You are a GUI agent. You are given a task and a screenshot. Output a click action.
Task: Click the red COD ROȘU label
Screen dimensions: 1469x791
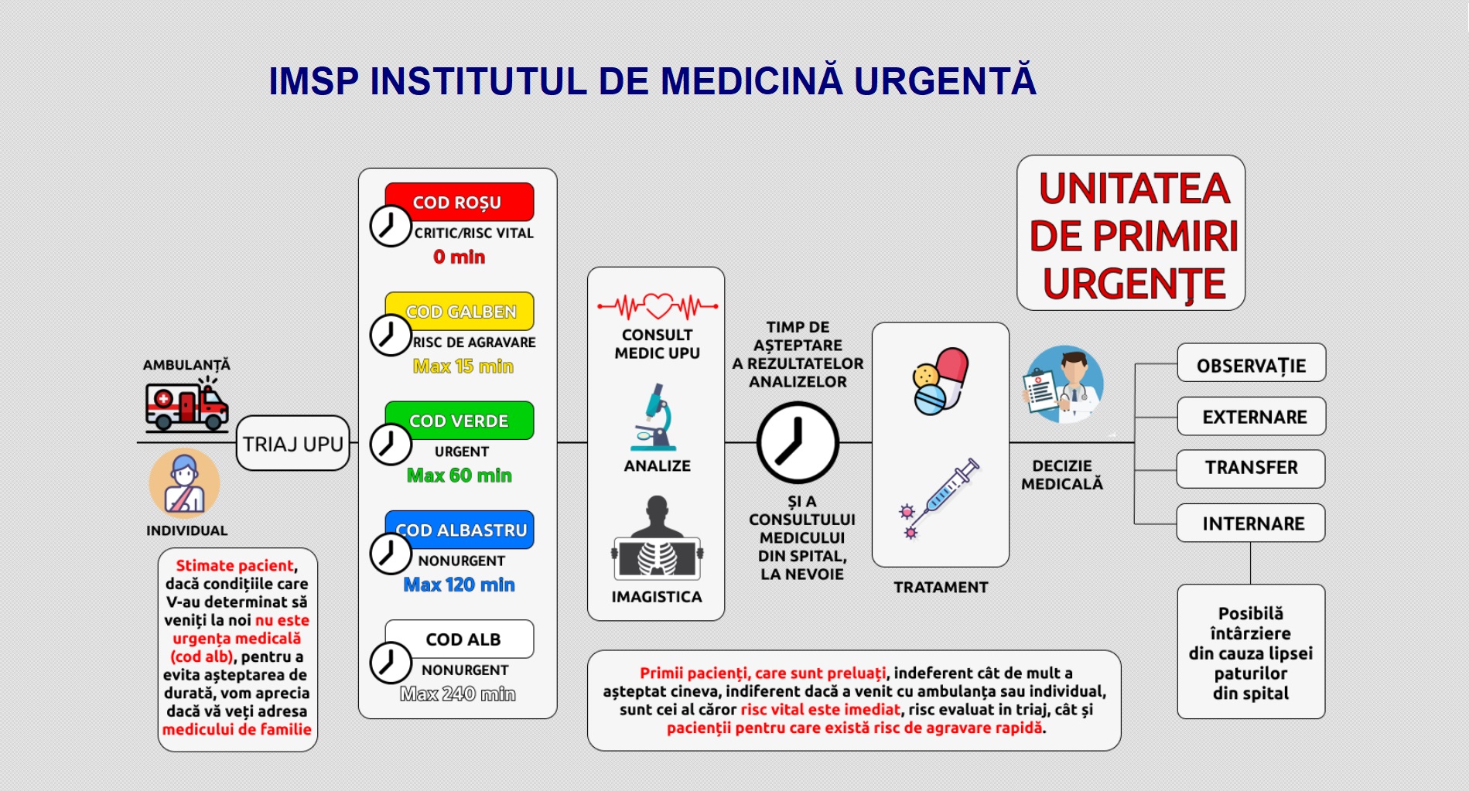pyautogui.click(x=459, y=202)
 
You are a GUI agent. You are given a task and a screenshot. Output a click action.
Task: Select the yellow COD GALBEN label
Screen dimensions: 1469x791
pyautogui.click(x=459, y=311)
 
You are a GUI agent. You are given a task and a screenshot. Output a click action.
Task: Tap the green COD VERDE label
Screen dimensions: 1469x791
pyautogui.click(x=459, y=420)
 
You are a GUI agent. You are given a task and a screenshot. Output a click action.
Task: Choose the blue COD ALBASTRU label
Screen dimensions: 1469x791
pyautogui.click(x=459, y=530)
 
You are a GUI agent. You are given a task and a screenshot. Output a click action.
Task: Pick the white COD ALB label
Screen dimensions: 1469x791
pyautogui.click(x=459, y=639)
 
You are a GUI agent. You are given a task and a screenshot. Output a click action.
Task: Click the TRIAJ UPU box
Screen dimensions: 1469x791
pyautogui.click(x=293, y=443)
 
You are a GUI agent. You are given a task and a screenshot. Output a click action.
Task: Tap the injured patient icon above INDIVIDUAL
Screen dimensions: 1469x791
pyautogui.click(x=184, y=483)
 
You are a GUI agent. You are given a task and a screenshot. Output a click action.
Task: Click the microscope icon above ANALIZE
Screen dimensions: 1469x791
pyautogui.click(x=654, y=417)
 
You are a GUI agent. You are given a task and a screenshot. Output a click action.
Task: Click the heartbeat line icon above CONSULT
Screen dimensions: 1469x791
pyautogui.click(x=658, y=306)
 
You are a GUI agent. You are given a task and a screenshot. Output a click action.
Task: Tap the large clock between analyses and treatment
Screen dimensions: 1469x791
pyautogui.click(x=798, y=443)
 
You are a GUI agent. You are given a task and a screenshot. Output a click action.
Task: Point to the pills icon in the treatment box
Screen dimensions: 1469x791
pyautogui.click(x=940, y=380)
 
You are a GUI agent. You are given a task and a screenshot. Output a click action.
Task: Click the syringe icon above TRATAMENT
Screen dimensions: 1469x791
pyautogui.click(x=938, y=498)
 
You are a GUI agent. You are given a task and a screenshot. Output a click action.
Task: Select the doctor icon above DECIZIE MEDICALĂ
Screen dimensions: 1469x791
pyautogui.click(x=1064, y=384)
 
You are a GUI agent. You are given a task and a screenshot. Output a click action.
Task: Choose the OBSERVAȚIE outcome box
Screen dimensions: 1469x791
pyautogui.click(x=1252, y=363)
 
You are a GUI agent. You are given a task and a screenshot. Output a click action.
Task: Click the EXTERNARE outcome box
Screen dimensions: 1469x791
pyautogui.click(x=1252, y=417)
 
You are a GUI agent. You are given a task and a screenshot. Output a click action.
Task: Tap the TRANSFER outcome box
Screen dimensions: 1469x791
pyautogui.click(x=1251, y=469)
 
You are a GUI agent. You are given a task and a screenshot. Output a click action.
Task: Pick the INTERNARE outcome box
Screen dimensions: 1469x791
pyautogui.click(x=1251, y=523)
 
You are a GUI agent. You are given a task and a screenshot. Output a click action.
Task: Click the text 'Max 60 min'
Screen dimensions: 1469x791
pyautogui.click(x=459, y=476)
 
